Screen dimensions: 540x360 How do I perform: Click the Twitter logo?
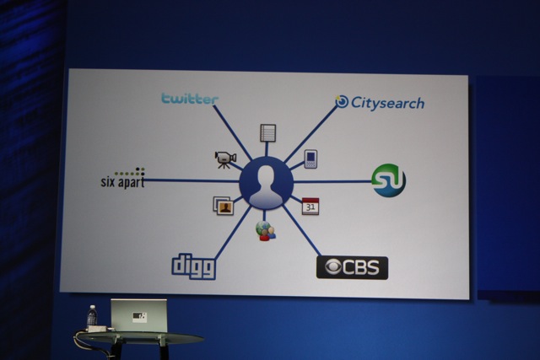(190, 99)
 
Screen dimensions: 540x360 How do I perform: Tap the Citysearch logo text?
(388, 103)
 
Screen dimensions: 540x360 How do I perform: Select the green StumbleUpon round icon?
(388, 180)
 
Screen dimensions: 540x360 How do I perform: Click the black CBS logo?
(352, 268)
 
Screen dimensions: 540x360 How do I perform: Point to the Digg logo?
(194, 266)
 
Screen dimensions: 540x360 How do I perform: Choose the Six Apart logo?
(122, 178)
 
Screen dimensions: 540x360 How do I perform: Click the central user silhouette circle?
(267, 183)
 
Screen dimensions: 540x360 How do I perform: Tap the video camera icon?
(225, 159)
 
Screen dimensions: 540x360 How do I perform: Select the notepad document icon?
(268, 133)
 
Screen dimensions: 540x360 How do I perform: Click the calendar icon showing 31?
(310, 207)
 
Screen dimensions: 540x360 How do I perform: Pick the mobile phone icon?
(310, 159)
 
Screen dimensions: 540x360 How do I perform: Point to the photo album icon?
(223, 206)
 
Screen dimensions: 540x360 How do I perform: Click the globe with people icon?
(266, 231)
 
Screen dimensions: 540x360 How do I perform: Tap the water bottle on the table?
(92, 315)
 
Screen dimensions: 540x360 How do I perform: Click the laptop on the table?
(138, 315)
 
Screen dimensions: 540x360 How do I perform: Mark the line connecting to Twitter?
(233, 133)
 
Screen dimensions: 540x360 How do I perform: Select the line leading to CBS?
(302, 231)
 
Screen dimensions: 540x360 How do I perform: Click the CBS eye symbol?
(333, 268)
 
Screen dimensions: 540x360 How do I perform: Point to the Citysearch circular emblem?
(342, 101)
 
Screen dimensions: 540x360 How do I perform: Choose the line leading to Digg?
(233, 234)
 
